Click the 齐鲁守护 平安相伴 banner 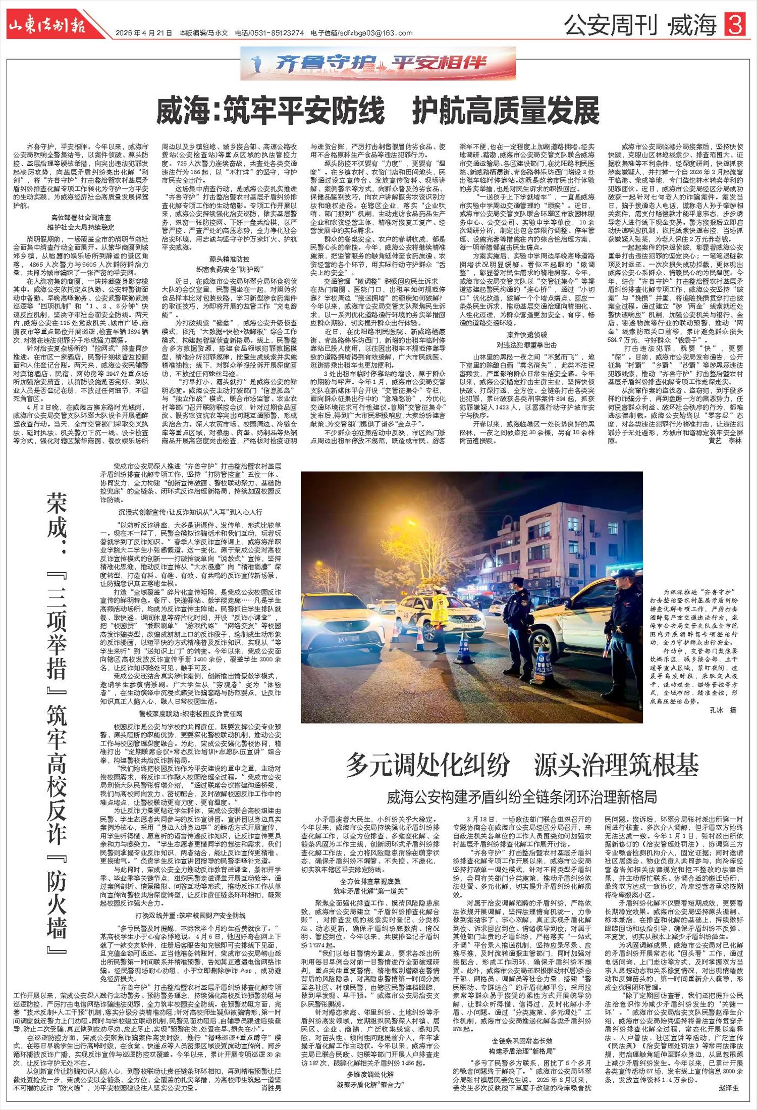tap(378, 63)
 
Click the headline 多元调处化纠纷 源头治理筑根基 tap(522, 765)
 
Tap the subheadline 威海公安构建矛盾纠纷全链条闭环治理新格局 tap(522, 797)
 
